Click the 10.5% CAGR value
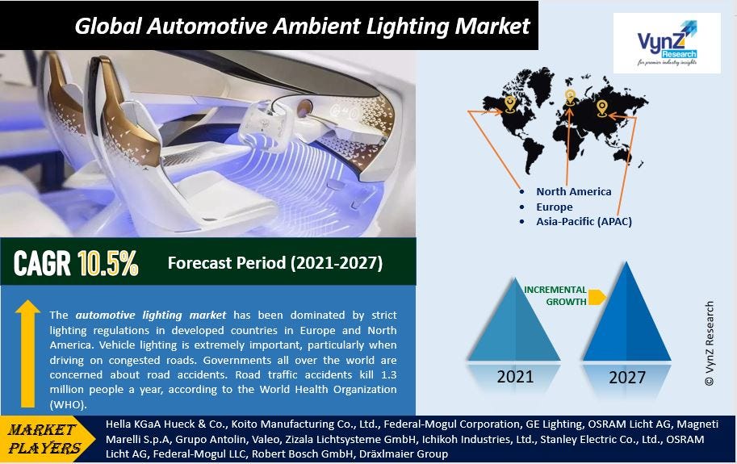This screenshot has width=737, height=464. [x=108, y=263]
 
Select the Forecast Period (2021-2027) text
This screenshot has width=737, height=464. [x=274, y=263]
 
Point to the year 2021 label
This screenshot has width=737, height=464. [x=514, y=376]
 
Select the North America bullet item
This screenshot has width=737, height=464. [x=574, y=192]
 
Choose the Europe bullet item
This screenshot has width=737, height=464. [x=555, y=207]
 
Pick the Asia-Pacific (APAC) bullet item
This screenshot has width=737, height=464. [x=584, y=221]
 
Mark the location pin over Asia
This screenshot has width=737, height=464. [x=601, y=107]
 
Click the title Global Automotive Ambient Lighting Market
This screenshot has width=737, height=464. [x=302, y=26]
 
